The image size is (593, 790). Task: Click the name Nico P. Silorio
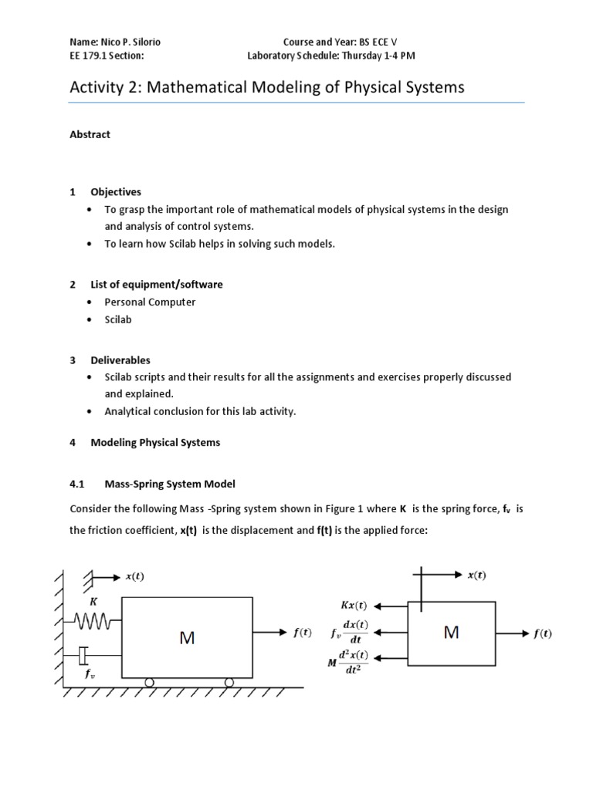[133, 42]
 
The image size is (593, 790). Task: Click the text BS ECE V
[384, 42]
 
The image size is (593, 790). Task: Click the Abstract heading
[90, 134]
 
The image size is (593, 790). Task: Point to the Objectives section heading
[116, 191]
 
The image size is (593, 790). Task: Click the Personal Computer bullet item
[150, 302]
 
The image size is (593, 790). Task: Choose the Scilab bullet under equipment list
[118, 319]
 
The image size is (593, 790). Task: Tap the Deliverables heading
[120, 360]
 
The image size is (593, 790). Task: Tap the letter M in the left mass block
[187, 637]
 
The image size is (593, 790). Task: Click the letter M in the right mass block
[452, 633]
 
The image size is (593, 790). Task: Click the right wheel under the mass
[229, 682]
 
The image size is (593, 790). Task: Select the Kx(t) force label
[354, 606]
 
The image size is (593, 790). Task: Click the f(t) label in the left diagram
[302, 633]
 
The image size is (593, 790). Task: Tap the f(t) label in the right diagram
[543, 633]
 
